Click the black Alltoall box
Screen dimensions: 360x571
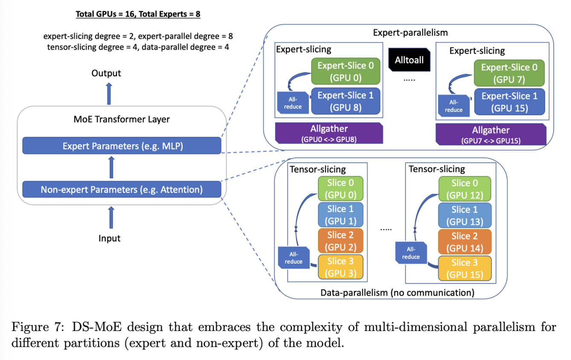(x=409, y=60)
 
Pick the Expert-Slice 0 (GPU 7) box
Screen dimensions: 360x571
(x=510, y=73)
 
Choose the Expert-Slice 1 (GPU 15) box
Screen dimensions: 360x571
(x=510, y=102)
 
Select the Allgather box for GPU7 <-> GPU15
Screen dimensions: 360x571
(x=491, y=134)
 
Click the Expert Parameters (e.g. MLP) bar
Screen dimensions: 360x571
(x=122, y=145)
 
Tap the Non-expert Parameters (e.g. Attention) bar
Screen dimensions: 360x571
(x=122, y=189)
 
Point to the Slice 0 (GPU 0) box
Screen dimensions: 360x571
(x=341, y=189)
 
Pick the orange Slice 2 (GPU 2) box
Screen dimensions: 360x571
(x=341, y=241)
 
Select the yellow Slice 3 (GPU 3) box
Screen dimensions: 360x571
(x=341, y=267)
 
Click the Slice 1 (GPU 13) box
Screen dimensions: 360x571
(x=465, y=215)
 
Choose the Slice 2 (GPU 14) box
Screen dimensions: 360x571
(x=465, y=241)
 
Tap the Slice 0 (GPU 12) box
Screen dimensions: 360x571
(x=465, y=189)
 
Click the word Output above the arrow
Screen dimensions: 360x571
(x=106, y=73)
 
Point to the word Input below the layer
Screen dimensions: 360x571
(x=110, y=238)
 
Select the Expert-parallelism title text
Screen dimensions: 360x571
(x=410, y=32)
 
